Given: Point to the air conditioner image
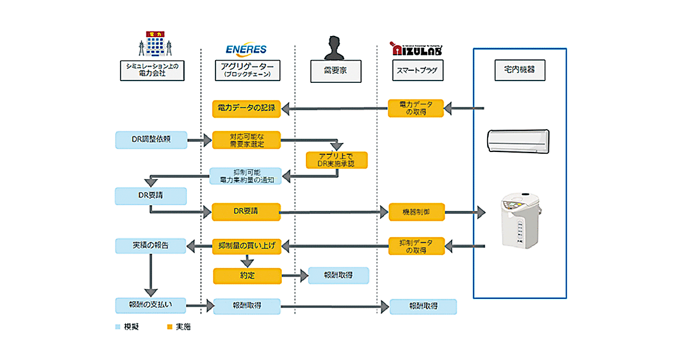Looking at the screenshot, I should pyautogui.click(x=518, y=140).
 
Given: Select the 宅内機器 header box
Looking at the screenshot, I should pyautogui.click(x=519, y=71).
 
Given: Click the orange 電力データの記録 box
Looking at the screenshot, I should pyautogui.click(x=246, y=108).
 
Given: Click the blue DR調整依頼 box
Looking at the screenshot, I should pyautogui.click(x=150, y=139).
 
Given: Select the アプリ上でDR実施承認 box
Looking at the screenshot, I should pyautogui.click(x=336, y=161).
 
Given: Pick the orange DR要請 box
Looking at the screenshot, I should pyautogui.click(x=246, y=211).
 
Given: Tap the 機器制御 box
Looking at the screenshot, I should pyautogui.click(x=416, y=212).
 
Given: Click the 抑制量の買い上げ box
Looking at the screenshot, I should pyautogui.click(x=246, y=246).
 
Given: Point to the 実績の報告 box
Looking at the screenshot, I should pyautogui.click(x=150, y=246).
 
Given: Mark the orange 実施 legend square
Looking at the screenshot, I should pyautogui.click(x=169, y=327).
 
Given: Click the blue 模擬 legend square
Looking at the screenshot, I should pyautogui.click(x=118, y=327).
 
